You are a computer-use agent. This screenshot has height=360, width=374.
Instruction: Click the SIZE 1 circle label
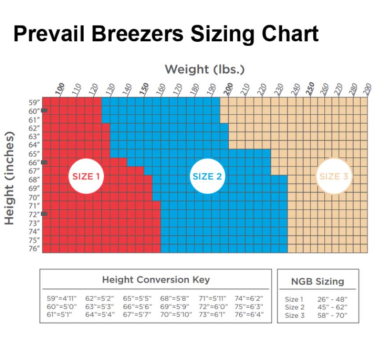point(86,176)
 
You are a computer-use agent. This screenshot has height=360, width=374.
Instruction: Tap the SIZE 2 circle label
point(207,176)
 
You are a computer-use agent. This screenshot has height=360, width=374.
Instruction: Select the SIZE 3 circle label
point(334,176)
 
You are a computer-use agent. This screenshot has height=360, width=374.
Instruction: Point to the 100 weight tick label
point(60,89)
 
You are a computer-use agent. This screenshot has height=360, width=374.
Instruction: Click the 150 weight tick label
point(144,89)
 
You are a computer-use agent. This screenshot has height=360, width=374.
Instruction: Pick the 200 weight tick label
point(228,89)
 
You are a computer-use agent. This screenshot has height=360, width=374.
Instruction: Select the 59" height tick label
point(34,103)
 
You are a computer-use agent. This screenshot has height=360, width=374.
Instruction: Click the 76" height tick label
point(34,248)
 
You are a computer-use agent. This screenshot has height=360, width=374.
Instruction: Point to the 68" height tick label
point(34,180)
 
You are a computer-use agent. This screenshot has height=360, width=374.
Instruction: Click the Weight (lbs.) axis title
point(205,69)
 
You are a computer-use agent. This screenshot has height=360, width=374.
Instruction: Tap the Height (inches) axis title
point(10,178)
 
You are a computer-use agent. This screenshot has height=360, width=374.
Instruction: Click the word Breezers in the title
point(137,34)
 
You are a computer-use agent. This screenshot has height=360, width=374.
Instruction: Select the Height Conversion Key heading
point(156,280)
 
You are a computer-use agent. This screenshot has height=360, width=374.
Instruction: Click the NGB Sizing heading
point(318,282)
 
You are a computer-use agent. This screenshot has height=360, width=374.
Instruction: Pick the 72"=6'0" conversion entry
point(213,306)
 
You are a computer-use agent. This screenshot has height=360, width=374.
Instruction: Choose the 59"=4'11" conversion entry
point(62,298)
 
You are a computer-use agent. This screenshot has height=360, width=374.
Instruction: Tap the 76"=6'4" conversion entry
point(249,314)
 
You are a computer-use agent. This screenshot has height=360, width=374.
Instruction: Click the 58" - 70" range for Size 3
point(332,316)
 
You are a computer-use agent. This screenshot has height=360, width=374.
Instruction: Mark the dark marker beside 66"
point(44,162)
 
